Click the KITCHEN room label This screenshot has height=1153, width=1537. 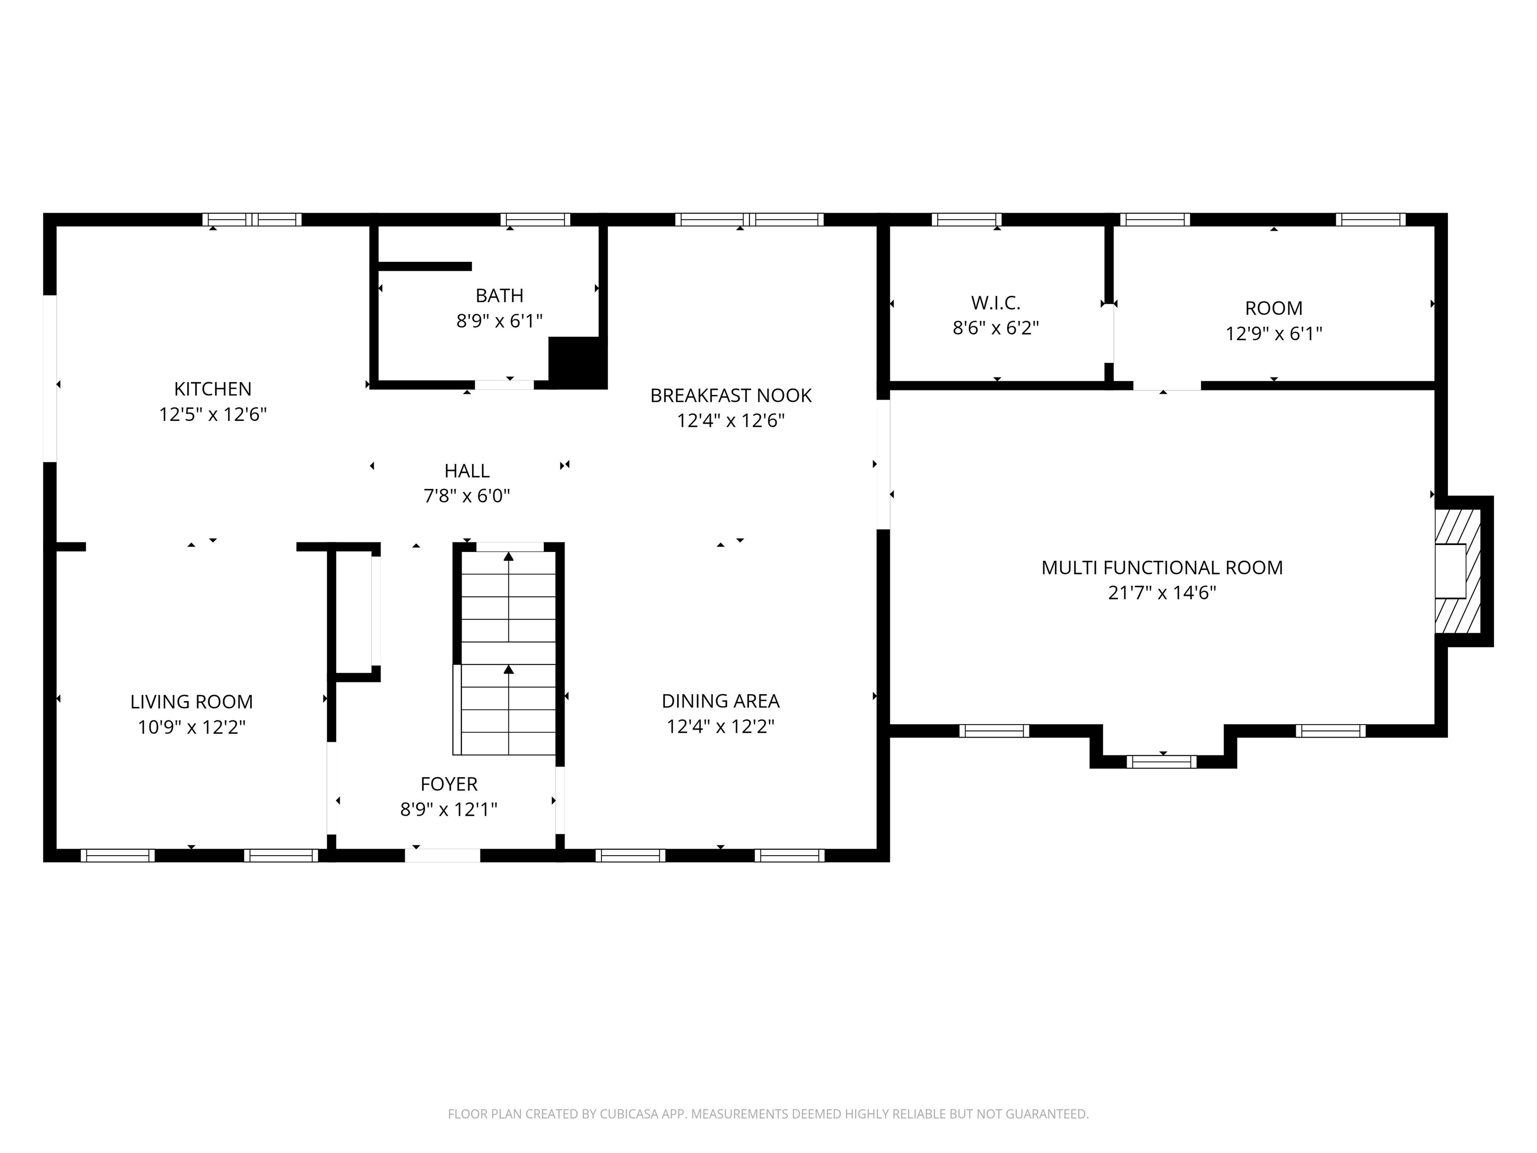[213, 388]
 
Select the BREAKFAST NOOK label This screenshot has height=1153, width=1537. [730, 395]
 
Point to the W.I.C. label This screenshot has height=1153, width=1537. [995, 303]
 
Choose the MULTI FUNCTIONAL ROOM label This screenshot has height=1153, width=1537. [1162, 568]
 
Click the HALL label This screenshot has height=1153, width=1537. [467, 471]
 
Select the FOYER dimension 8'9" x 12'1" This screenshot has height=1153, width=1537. [449, 810]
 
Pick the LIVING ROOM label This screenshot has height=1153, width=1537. [192, 702]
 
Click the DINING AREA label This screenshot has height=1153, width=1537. [720, 701]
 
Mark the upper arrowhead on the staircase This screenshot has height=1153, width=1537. [509, 556]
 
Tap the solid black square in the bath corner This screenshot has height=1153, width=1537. [577, 362]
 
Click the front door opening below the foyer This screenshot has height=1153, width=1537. [443, 856]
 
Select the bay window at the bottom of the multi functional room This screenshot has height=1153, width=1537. [1161, 762]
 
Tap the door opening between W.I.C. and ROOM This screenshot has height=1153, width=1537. [1109, 334]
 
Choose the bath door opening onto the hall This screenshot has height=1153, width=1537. [504, 384]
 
